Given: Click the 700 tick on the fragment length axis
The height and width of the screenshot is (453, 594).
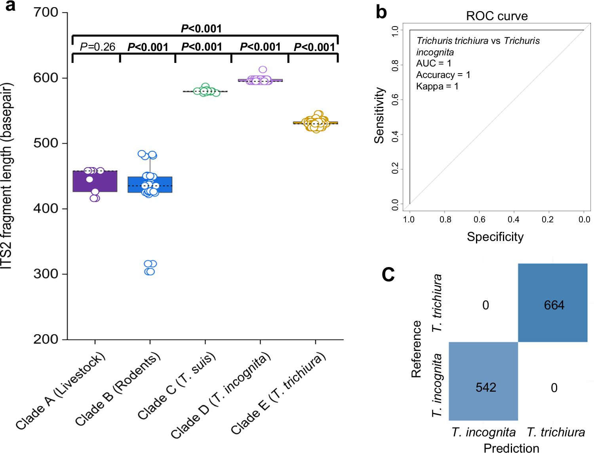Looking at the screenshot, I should point(46,12).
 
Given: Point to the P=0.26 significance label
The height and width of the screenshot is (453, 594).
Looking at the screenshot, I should point(97,47).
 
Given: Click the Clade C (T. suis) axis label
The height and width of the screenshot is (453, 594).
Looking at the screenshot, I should point(177,385).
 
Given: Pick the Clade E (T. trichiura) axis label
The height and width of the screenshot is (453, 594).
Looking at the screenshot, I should point(278,393).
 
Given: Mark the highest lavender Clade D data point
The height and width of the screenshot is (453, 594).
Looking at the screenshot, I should point(263,70).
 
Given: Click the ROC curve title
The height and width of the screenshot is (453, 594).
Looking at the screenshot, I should point(497,16).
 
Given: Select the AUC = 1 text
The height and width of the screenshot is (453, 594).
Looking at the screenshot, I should point(434,63).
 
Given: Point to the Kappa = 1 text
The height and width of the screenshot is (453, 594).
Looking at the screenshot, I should point(437,86).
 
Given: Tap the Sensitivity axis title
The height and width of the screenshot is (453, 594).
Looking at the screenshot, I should point(379,115).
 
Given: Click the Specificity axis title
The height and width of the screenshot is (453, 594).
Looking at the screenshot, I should point(495,237).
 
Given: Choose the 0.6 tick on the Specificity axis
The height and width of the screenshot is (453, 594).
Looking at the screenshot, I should point(479,219).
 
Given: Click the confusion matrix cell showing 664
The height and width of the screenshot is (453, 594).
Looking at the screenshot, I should point(553,303).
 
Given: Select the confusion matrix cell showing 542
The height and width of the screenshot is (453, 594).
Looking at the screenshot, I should point(484,381).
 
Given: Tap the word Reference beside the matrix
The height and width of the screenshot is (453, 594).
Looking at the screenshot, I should point(416,349).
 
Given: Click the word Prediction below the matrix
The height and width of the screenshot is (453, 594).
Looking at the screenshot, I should point(511,448).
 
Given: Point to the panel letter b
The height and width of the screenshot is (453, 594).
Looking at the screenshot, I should point(381,12).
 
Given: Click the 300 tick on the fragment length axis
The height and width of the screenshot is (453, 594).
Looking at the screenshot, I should point(46,274).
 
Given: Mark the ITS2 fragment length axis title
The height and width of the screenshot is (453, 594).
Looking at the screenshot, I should point(7,176).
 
